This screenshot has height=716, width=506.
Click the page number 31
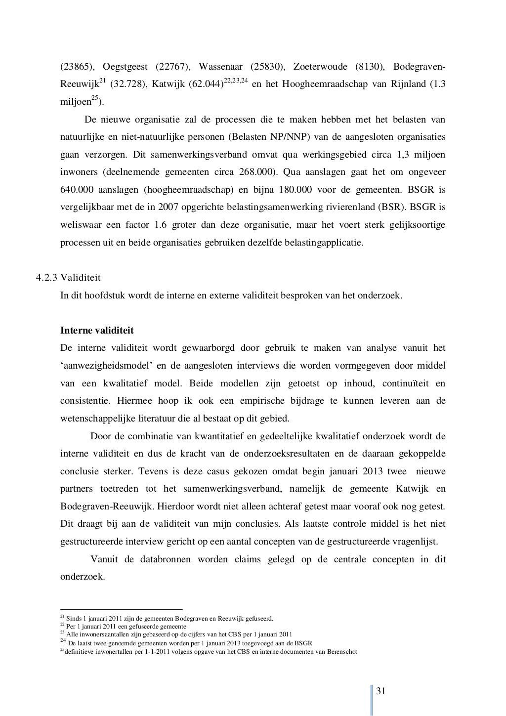(380, 690)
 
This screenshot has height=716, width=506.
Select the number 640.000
(76, 190)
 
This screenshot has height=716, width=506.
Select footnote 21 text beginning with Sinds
(168, 618)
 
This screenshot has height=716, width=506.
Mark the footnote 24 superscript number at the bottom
(62, 642)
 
